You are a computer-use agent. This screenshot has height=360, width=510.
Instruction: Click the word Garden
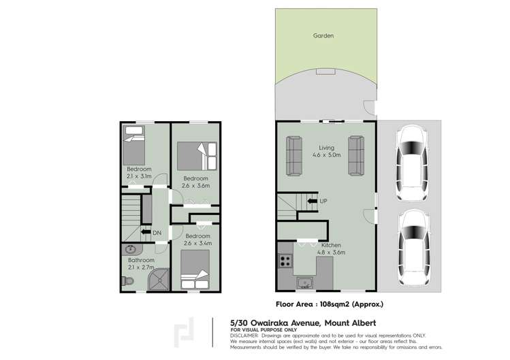tap(323, 35)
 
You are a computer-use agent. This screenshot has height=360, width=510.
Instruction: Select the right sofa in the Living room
tap(356, 156)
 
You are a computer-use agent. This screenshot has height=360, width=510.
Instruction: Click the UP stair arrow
tap(312, 201)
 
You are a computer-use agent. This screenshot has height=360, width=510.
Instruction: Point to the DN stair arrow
tap(145, 233)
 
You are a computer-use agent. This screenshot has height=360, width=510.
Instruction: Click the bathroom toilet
tap(130, 280)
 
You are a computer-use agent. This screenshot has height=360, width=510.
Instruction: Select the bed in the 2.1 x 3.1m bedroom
tap(134, 144)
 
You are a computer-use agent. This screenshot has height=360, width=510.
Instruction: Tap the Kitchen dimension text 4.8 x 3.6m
tap(332, 252)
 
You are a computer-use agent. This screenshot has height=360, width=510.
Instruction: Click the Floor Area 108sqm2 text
tap(329, 305)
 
